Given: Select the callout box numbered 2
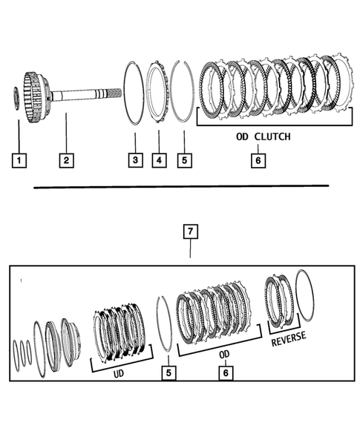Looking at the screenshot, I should tap(65, 160).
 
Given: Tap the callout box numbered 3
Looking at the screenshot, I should tap(134, 160).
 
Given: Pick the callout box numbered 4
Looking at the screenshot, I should tap(159, 160).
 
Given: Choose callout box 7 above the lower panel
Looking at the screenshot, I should tap(190, 232).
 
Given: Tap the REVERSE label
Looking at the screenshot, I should tap(288, 341).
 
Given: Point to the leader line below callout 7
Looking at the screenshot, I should tap(190, 249).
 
